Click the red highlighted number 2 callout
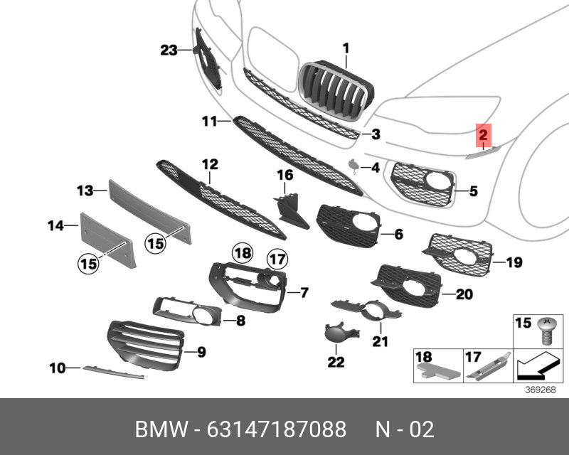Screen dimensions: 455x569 point(482,134)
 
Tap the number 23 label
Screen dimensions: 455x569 point(168,50)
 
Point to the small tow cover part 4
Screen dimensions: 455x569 point(353,166)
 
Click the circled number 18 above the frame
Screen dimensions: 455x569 point(243,252)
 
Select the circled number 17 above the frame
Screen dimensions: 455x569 point(276,259)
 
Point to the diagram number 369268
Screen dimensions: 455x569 point(540,390)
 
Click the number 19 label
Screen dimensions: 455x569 point(514,263)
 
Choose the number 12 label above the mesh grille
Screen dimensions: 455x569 point(210,165)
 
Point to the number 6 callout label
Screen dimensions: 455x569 point(398,233)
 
